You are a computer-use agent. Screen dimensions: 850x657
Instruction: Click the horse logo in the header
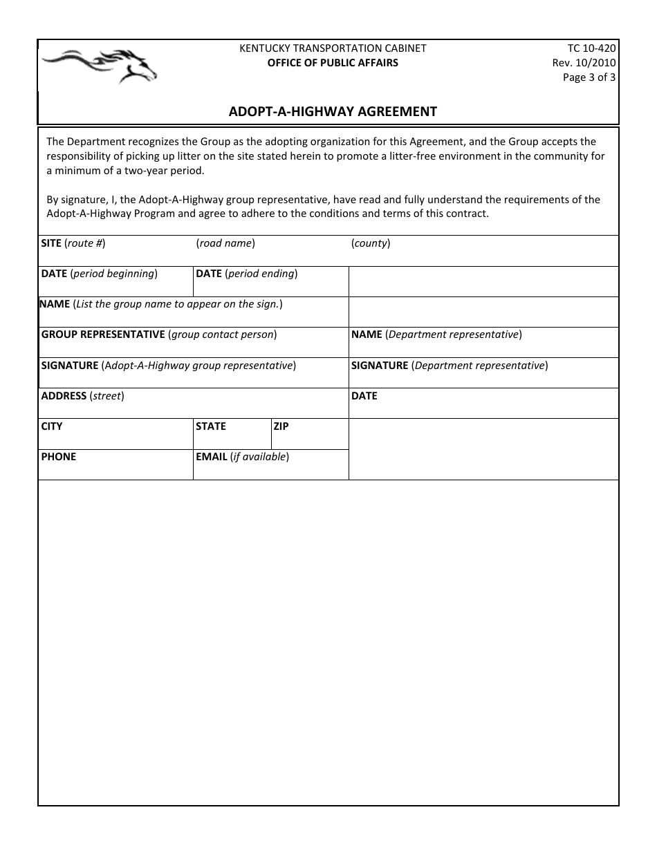[99, 65]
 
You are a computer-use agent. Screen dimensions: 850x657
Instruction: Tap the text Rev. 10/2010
[584, 63]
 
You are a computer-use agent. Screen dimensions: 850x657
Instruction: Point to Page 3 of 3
[589, 77]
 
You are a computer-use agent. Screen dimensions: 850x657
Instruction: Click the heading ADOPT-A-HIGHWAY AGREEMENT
[333, 111]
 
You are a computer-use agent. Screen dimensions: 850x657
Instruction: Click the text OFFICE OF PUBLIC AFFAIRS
[333, 63]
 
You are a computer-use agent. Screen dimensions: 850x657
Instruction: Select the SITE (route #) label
[73, 243]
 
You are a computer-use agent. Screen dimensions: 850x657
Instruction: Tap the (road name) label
[225, 243]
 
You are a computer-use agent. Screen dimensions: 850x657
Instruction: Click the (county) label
[371, 243]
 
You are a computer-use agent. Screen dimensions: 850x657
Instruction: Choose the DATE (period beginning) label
[100, 274]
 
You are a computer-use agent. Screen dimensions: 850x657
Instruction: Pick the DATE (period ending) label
[247, 274]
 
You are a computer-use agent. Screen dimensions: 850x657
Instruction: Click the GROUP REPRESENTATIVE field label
[159, 334]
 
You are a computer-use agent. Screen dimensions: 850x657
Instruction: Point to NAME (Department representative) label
[436, 334]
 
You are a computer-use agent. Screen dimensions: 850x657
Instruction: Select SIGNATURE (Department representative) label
[450, 366]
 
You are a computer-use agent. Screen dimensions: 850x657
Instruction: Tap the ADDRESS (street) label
[82, 396]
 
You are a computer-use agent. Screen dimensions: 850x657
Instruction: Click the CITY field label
[52, 426]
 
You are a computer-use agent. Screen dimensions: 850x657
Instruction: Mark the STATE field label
[211, 426]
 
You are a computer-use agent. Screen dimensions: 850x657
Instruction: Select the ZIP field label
[281, 426]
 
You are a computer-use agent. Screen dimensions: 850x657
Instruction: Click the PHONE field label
[59, 457]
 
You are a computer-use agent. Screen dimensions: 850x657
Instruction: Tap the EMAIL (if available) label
[242, 457]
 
